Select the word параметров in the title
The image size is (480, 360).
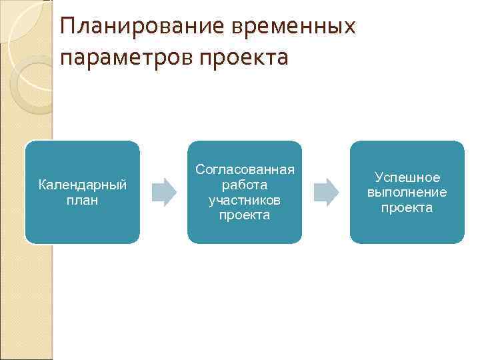coord(125,58)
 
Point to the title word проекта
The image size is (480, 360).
coord(241,58)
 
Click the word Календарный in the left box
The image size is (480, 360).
coord(83,184)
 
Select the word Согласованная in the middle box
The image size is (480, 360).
coord(245,170)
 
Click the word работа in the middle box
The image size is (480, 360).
coord(245,185)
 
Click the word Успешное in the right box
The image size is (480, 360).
coord(407,177)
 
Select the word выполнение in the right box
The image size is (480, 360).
coord(407,192)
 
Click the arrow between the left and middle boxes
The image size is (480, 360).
coord(164,192)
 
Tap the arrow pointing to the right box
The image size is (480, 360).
coord(326,192)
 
